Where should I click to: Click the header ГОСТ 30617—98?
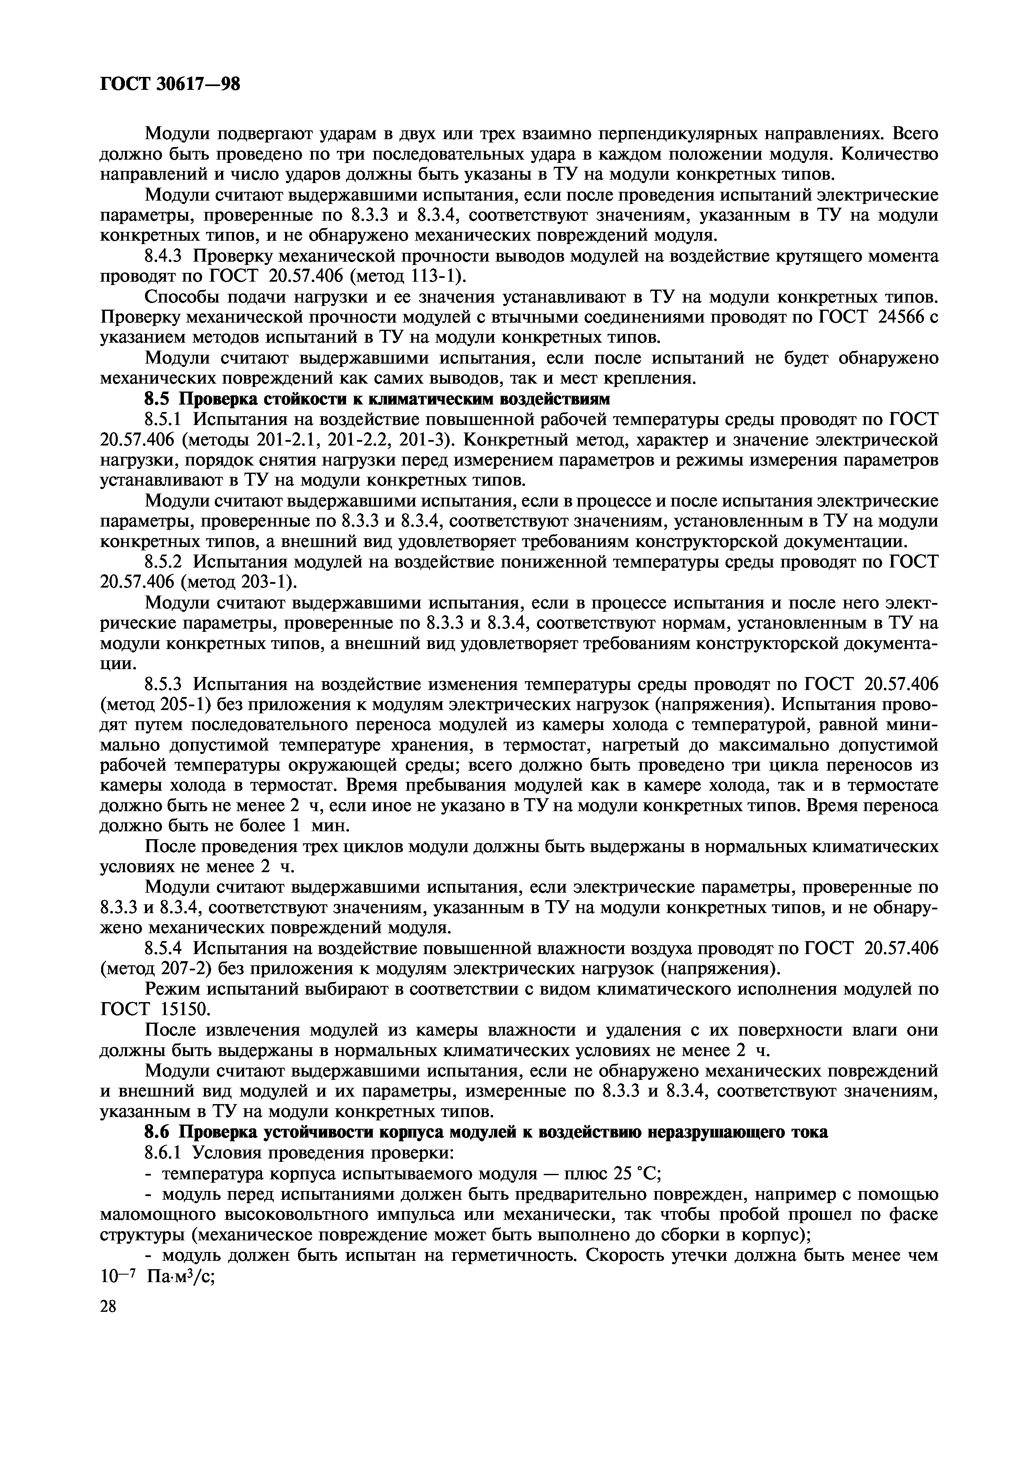171,84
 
